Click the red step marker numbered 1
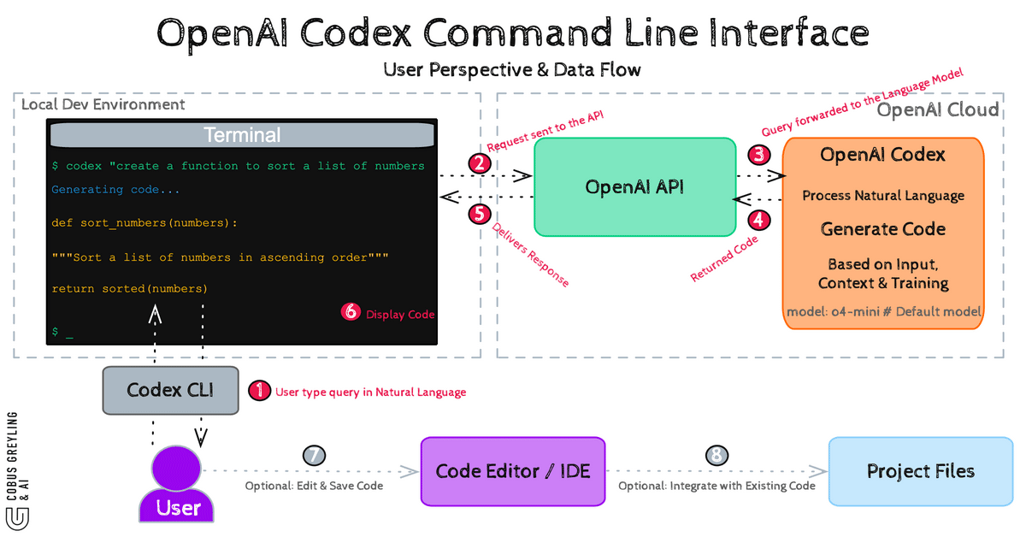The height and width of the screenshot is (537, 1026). (258, 391)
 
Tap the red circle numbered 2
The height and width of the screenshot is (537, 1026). (480, 162)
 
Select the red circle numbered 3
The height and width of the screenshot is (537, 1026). (758, 155)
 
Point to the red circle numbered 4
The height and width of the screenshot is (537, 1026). (758, 219)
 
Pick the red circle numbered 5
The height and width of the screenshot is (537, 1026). (480, 213)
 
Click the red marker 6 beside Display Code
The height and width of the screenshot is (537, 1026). (351, 312)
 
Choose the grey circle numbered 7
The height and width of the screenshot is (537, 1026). (315, 456)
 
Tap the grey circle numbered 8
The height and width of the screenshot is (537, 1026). (715, 456)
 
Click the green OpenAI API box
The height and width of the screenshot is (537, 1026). (634, 186)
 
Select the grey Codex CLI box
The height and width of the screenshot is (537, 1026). (169, 390)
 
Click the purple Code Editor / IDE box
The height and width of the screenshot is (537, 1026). (512, 471)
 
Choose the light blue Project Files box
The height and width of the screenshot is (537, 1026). (920, 471)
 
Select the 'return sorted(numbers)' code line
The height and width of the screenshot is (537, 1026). (129, 288)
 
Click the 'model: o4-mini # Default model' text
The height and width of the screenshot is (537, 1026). (883, 311)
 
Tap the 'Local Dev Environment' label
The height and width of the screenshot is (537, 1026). (103, 104)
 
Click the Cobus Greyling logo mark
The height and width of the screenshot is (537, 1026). (15, 517)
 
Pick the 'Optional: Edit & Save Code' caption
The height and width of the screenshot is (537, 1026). (314, 486)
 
